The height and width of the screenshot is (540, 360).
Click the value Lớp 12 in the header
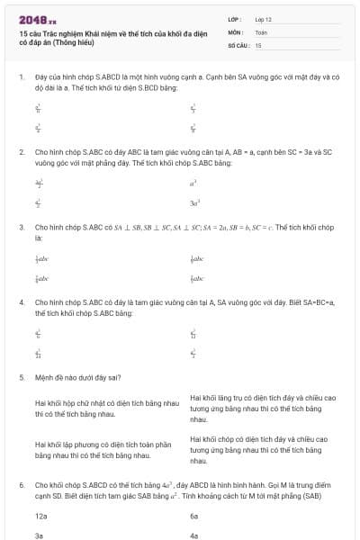coord(263,19)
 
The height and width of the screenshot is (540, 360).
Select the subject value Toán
coord(261,31)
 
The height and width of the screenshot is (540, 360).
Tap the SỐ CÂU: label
coord(238,44)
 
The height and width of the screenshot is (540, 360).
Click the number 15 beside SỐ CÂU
coord(258,44)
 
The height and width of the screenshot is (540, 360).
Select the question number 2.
coord(21,152)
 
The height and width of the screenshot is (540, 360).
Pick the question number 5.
coord(21,377)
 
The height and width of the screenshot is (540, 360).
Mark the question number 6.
coord(21,484)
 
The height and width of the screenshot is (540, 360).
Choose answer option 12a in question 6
coord(40,517)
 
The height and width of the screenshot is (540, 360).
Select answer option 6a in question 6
coord(193,517)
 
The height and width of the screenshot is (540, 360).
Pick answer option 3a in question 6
coord(39,535)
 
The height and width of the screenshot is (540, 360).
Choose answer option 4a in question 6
coord(193,535)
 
